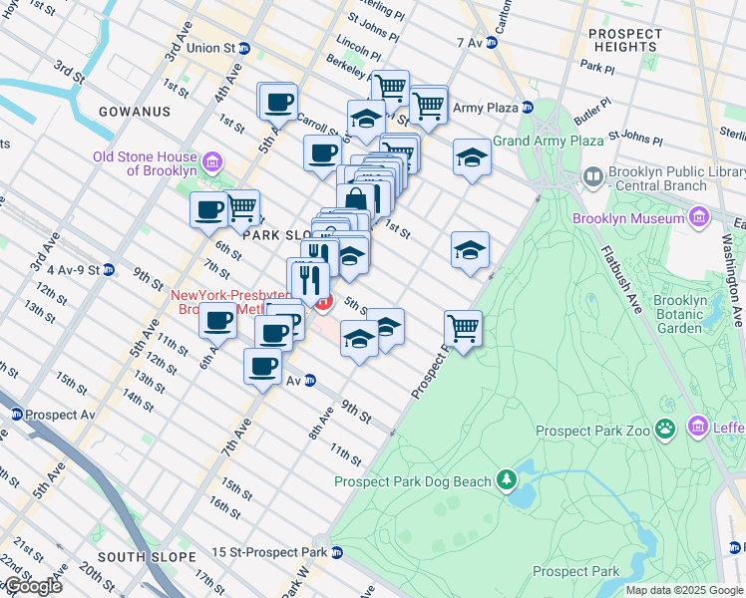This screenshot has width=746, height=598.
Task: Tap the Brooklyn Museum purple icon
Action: coord(698,217)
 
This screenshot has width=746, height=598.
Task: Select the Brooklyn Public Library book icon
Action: coord(593,177)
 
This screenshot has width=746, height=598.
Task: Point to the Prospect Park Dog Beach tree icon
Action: coord(507,481)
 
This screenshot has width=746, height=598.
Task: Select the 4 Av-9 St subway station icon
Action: coord(109,269)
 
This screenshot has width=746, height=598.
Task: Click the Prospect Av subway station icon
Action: coord(16,414)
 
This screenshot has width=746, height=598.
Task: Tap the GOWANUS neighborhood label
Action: coord(136,112)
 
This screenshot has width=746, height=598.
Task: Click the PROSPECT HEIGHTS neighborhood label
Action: coord(625,40)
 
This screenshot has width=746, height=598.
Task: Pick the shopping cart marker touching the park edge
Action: coord(463,328)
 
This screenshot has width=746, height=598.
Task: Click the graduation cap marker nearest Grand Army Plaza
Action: coord(472,157)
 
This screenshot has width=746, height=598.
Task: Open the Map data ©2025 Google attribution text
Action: coord(684,590)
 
